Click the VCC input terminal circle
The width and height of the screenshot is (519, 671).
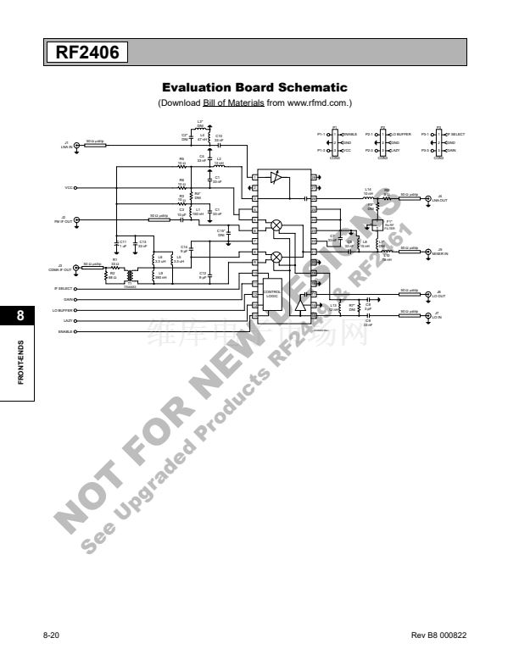76,187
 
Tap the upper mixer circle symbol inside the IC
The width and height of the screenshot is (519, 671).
276,225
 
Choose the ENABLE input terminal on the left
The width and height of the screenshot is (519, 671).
76,331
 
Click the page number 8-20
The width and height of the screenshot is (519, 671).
51,635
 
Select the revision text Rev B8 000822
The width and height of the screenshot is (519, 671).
438,635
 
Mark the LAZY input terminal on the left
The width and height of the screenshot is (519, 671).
76,321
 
